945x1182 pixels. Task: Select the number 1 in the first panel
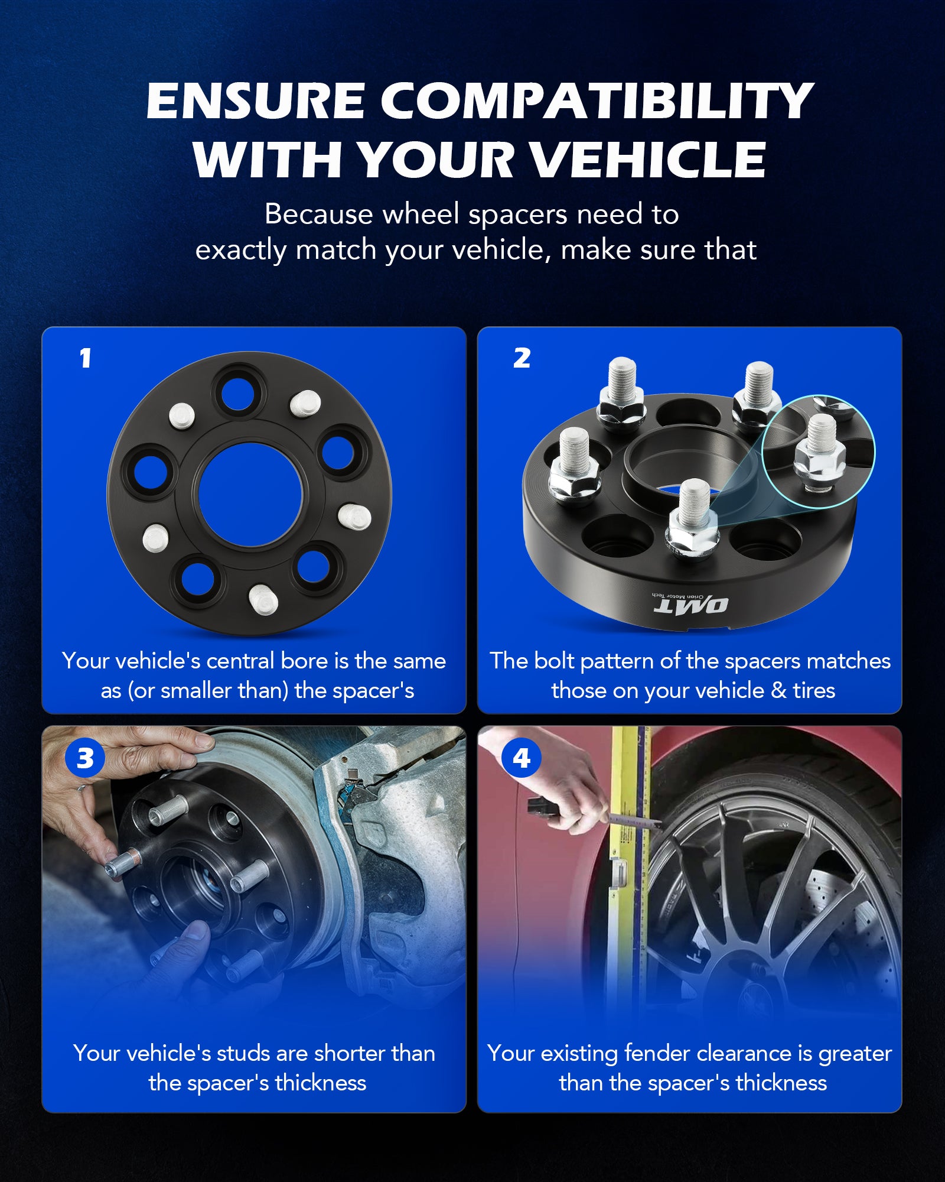click(x=86, y=358)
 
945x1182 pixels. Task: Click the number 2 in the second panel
click(x=522, y=358)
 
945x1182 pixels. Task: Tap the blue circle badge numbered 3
click(x=85, y=758)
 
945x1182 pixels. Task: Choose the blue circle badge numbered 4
click(x=521, y=758)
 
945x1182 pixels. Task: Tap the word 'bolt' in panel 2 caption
click(x=553, y=661)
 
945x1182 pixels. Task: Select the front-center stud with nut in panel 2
click(x=693, y=520)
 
